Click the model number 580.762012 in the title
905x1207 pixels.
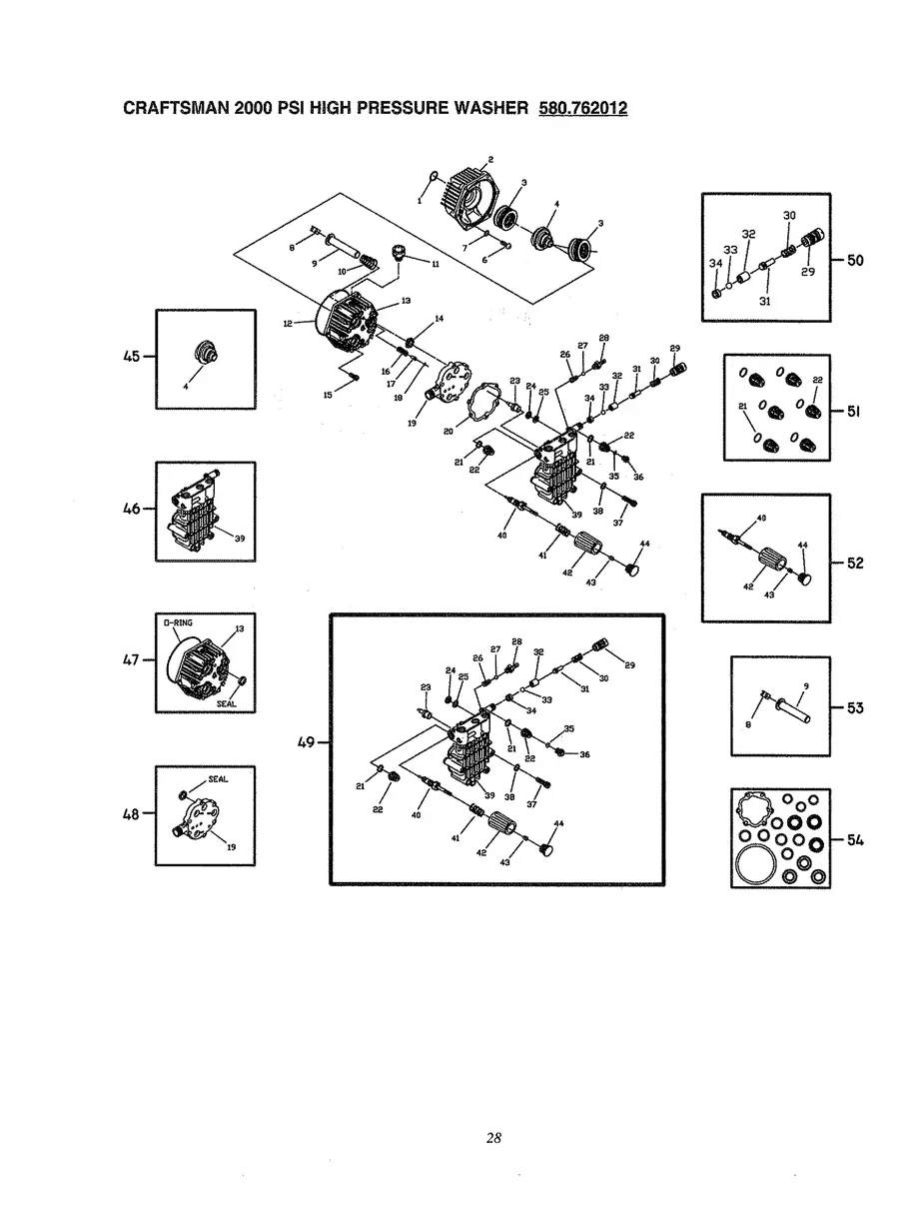(582, 108)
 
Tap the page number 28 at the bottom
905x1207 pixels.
(493, 1137)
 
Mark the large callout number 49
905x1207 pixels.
(306, 741)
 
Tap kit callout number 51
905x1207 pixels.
(855, 412)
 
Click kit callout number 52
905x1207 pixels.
(855, 563)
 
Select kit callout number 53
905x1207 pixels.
(855, 708)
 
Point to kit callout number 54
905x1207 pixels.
(855, 840)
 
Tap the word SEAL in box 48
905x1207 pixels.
(218, 778)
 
